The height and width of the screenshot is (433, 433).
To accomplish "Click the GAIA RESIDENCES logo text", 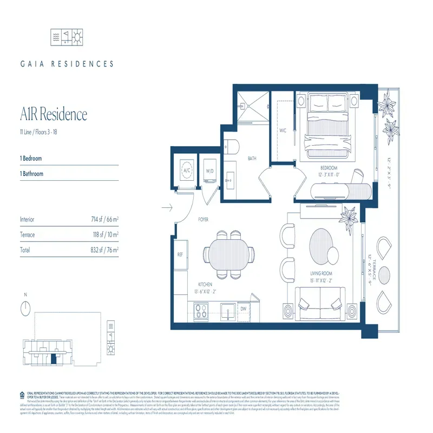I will [x=67, y=64].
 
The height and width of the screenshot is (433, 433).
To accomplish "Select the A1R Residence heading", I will [x=53, y=115].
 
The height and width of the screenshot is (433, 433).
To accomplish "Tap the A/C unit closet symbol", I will [x=187, y=169].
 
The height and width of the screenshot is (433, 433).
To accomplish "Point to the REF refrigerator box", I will [x=180, y=254].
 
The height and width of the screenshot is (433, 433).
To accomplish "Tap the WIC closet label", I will [x=282, y=130].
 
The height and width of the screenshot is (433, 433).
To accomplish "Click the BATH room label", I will [x=252, y=159].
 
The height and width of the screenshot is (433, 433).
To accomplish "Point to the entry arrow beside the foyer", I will [x=166, y=207].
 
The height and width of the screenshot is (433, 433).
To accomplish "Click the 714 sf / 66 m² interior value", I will [x=105, y=220].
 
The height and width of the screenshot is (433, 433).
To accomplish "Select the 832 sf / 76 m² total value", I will [x=105, y=250].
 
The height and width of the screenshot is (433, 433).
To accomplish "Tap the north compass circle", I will [x=25, y=309].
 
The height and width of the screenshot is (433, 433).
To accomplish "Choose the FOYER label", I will [x=202, y=220].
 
